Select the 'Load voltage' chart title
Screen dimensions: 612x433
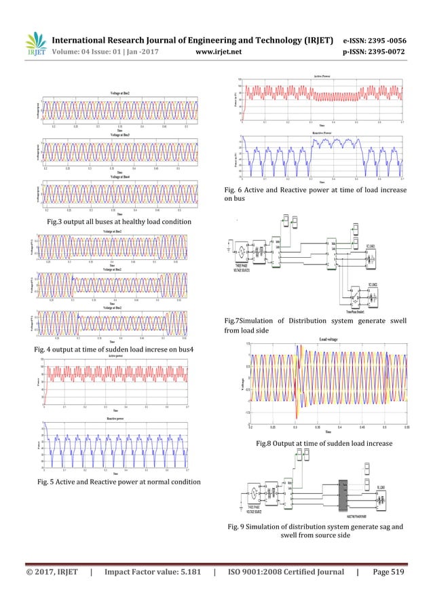[x=328, y=339]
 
